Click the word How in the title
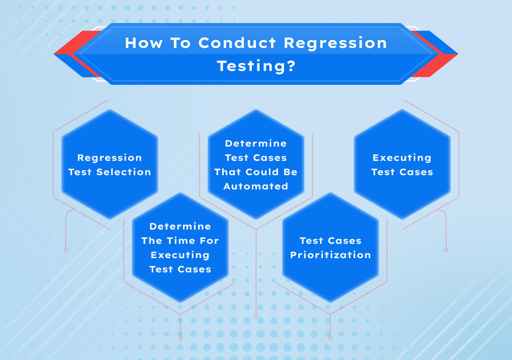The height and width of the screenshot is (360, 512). click(x=142, y=43)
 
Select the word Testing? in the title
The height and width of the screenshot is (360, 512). click(x=256, y=66)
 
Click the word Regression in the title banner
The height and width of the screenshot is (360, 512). click(x=335, y=43)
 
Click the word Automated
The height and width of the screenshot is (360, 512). click(x=256, y=186)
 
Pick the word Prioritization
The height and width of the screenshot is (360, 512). click(x=330, y=255)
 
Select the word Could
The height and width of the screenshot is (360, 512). click(x=259, y=172)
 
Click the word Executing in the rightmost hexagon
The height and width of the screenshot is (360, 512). click(x=402, y=158)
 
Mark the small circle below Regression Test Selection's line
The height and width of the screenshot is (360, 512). click(x=65, y=250)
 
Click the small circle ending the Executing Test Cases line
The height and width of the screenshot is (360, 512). click(x=446, y=250)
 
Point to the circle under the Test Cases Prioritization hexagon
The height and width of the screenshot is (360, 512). click(x=330, y=339)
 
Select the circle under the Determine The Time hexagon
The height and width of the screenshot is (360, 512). click(x=180, y=339)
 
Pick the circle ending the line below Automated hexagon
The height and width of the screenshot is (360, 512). click(x=256, y=317)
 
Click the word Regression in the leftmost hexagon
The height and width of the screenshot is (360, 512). click(x=109, y=158)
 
